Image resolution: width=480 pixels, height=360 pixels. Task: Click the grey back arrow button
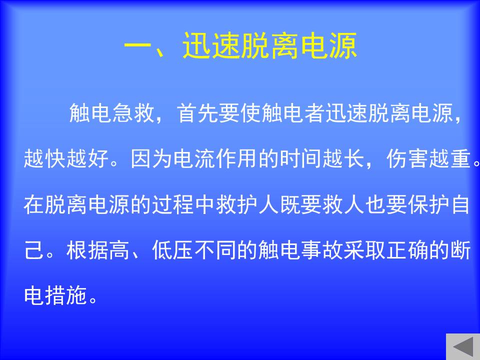point(463,346)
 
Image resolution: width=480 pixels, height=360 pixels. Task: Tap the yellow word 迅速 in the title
point(211,46)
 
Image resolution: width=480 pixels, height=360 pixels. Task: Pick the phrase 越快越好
point(66,158)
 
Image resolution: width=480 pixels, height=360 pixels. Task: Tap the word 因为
point(152,158)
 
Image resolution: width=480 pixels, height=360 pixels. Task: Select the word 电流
point(194,158)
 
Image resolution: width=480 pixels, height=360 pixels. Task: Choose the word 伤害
point(407,158)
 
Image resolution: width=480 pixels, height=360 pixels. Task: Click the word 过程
point(173,204)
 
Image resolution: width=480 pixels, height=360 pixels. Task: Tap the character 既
point(290,204)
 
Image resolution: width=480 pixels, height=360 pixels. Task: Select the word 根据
point(88,250)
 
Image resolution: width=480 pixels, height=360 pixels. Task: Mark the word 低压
point(173,250)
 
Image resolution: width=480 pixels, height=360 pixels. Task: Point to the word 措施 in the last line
point(66,295)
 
